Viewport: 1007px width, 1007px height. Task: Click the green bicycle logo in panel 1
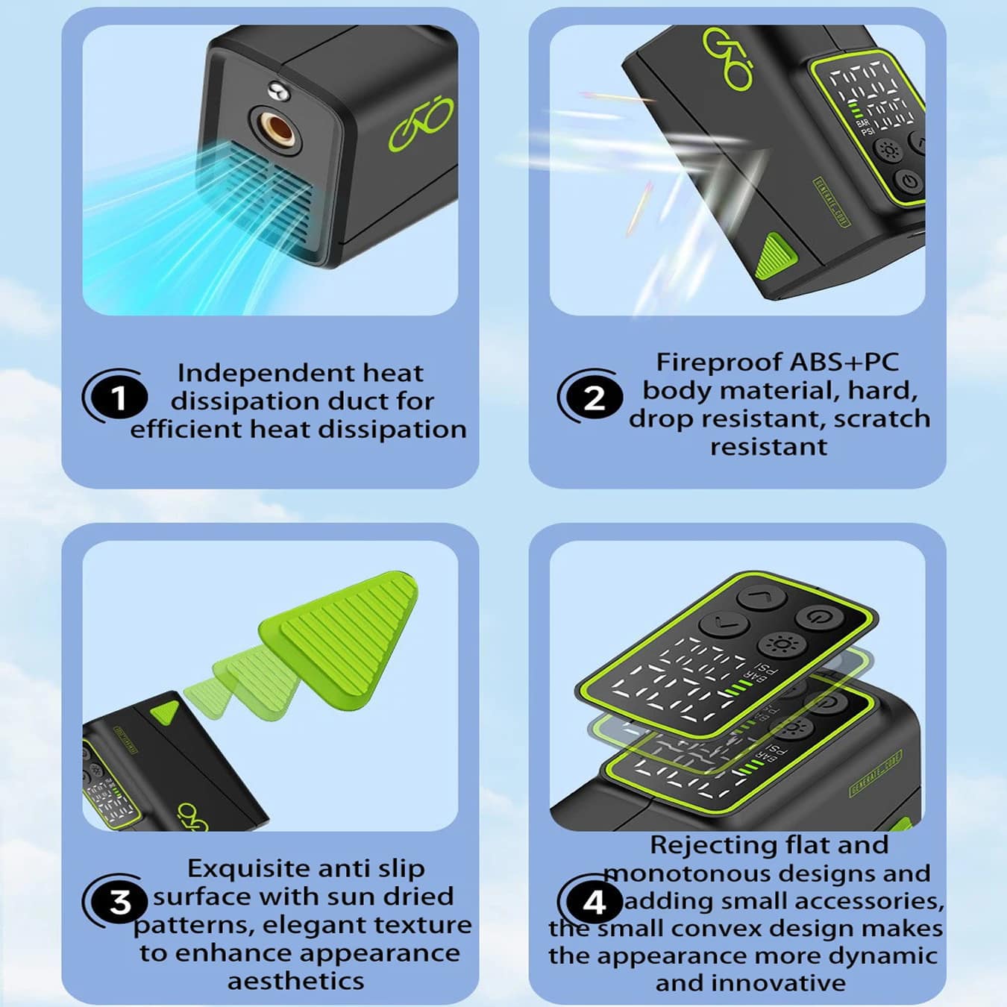(420, 124)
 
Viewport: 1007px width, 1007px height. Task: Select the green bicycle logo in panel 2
(728, 57)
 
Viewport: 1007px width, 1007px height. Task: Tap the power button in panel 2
(910, 181)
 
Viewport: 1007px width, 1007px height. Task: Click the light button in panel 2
(889, 152)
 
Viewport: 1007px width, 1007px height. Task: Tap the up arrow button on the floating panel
(761, 596)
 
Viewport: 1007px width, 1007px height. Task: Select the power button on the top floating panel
(819, 618)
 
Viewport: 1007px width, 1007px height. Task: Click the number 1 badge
(119, 398)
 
